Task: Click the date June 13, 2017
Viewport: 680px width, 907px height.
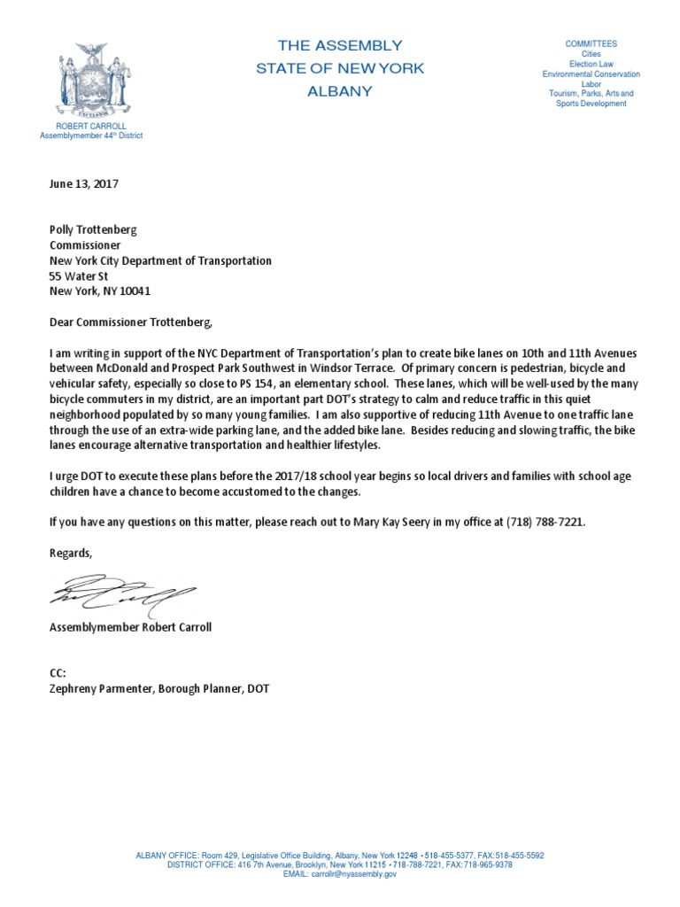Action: (x=83, y=185)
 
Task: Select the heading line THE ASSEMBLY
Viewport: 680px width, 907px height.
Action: (x=340, y=45)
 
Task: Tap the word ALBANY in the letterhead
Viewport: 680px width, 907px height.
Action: (x=340, y=91)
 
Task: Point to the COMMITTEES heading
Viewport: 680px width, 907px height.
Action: (x=591, y=44)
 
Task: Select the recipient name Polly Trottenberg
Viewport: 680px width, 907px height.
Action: (x=93, y=229)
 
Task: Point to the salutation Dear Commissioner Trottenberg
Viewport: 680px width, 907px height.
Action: (x=131, y=322)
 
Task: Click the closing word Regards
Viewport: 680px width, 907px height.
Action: (x=71, y=553)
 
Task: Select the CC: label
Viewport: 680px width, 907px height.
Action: (x=58, y=673)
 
